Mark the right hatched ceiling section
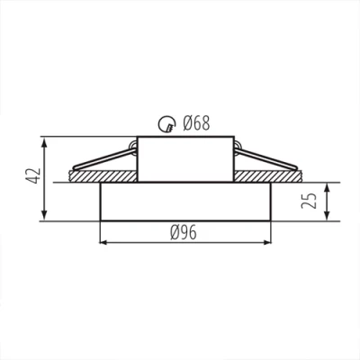point(288,179)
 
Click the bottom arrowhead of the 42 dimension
point(45,216)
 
